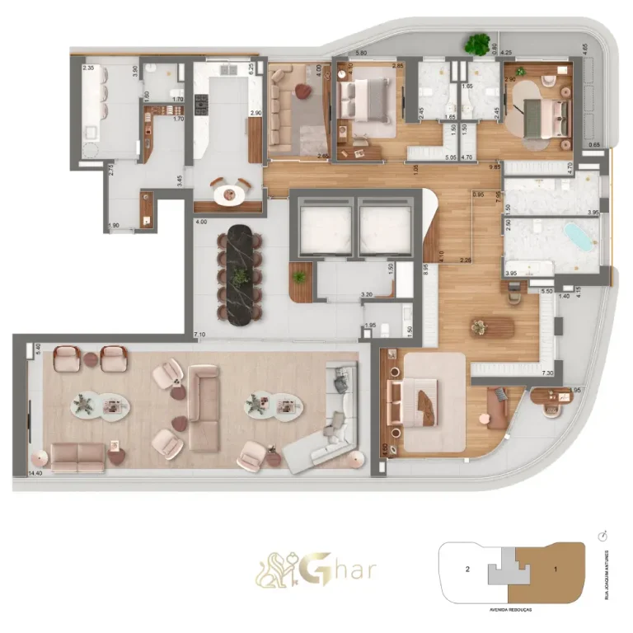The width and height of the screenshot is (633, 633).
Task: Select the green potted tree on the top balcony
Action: tap(476, 44)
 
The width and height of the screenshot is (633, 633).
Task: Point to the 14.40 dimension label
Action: tap(35, 474)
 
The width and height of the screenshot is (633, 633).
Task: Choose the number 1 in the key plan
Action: tap(556, 569)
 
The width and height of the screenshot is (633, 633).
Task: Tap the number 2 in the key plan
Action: tap(467, 569)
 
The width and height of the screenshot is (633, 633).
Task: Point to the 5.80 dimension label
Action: tap(360, 54)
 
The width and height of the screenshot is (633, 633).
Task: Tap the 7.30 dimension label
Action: tap(547, 373)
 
